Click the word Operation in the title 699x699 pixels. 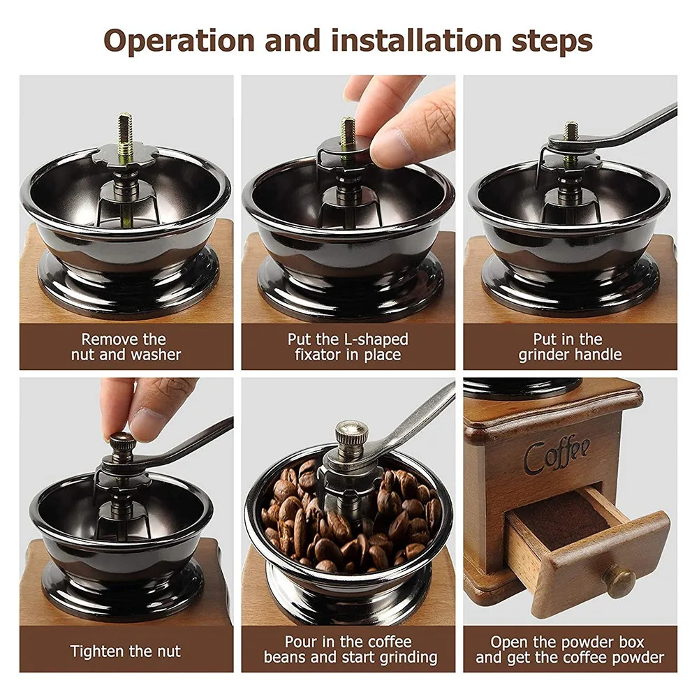[x=179, y=41]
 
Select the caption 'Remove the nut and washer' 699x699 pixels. [x=126, y=347]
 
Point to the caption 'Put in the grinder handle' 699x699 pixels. [x=569, y=347]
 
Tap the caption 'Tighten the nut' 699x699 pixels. [x=126, y=652]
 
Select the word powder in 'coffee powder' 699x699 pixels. [x=639, y=658]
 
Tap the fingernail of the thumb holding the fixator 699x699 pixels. [x=387, y=144]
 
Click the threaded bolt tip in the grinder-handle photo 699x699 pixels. [x=571, y=130]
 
